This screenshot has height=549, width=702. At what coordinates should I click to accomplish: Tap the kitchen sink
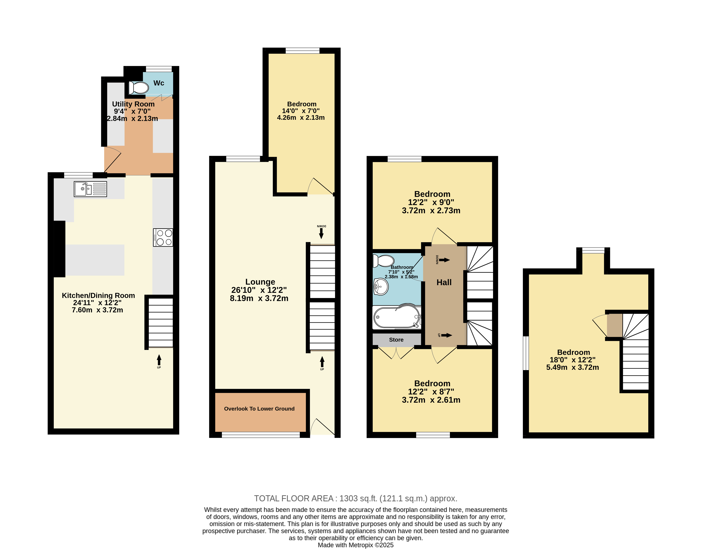click(x=90, y=189)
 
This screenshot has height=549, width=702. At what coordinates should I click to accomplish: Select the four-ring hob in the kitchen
click(x=163, y=238)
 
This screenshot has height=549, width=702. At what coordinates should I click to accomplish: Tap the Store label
click(x=396, y=340)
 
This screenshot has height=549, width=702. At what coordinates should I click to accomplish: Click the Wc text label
click(x=159, y=83)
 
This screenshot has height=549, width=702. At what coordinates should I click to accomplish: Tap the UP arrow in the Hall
click(x=446, y=335)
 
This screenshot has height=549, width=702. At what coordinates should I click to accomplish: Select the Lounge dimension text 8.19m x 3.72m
click(x=259, y=298)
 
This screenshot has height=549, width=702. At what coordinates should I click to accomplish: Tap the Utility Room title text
click(x=133, y=104)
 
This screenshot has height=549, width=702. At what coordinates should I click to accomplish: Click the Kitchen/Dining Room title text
click(x=98, y=295)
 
